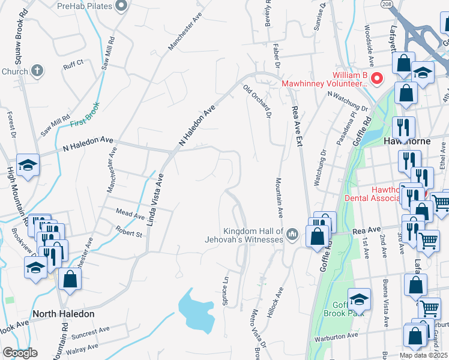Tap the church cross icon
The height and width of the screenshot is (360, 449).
37,71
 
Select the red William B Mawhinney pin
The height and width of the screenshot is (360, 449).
377,78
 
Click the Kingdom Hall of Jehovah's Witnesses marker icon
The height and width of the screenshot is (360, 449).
292,233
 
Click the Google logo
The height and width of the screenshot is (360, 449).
20,353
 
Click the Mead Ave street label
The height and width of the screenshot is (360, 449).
130,215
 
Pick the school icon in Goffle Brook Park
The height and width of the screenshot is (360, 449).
359,298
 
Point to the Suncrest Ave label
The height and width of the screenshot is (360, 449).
88,329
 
